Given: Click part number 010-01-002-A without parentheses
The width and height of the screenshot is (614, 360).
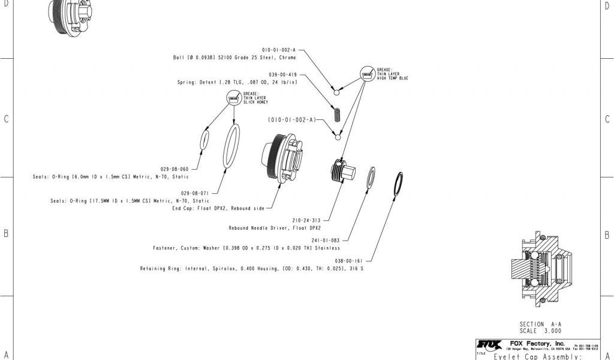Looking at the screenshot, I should [279, 50].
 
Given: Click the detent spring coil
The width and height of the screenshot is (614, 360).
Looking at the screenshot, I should [338, 113].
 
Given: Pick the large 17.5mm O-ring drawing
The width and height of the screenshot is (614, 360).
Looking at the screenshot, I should [232, 146].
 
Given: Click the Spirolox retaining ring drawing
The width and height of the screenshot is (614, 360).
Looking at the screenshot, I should [398, 183].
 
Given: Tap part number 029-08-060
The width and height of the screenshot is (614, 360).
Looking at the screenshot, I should [174, 169].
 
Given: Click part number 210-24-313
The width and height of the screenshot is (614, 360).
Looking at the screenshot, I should [307, 220].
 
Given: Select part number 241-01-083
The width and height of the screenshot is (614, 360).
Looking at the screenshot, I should [326, 240].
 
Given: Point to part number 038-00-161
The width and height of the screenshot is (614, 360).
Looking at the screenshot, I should [349, 261].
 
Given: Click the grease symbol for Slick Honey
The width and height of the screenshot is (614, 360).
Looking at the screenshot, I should [233, 98].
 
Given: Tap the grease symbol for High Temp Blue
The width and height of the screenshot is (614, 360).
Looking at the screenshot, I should [366, 75].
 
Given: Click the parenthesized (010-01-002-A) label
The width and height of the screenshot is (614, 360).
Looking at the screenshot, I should [292, 120].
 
